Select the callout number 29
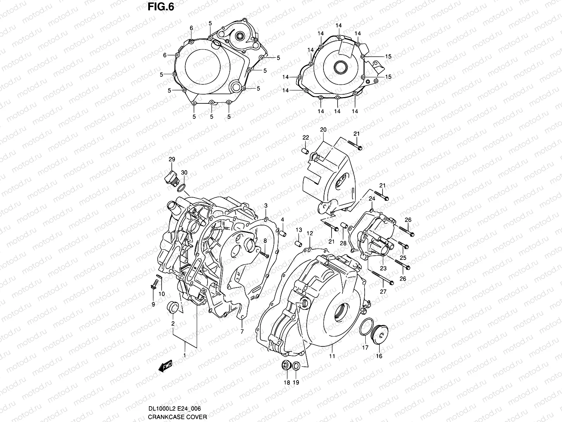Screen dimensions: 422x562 click(x=171, y=160)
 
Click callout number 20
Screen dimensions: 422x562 click(x=323, y=130)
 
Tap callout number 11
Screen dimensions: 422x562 click(x=332, y=356)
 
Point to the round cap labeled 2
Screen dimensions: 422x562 click(x=173, y=307)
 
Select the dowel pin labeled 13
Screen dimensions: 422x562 click(x=299, y=244)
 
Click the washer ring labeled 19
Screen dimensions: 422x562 click(x=296, y=366)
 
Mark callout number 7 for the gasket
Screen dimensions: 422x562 click(x=242, y=331)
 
